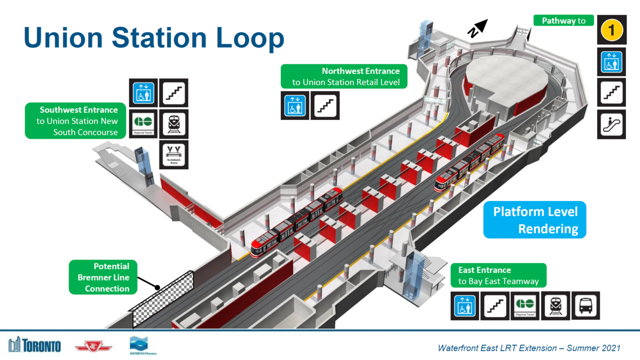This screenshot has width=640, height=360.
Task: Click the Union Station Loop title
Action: coord(154,37)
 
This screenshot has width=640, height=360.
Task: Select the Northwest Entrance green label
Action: coord(344,76)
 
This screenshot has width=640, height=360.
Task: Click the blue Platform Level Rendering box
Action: coord(534,220)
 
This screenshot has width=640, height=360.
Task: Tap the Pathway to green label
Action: coord(563,21)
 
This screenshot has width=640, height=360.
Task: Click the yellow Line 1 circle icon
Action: coord(611,30)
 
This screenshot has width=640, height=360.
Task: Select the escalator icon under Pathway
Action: coord(611,124)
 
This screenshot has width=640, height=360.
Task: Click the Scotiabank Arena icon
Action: coord(173,154)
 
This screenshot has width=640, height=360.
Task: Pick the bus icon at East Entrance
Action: coord(585,305)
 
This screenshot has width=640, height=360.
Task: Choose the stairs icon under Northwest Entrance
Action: coord(325,105)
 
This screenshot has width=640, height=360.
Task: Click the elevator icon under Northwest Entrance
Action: coord(295,105)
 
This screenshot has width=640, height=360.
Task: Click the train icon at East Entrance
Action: coord(555,305)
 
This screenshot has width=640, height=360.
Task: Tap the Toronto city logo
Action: coord(34,344)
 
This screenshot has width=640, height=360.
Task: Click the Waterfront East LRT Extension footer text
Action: coord(529,348)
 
